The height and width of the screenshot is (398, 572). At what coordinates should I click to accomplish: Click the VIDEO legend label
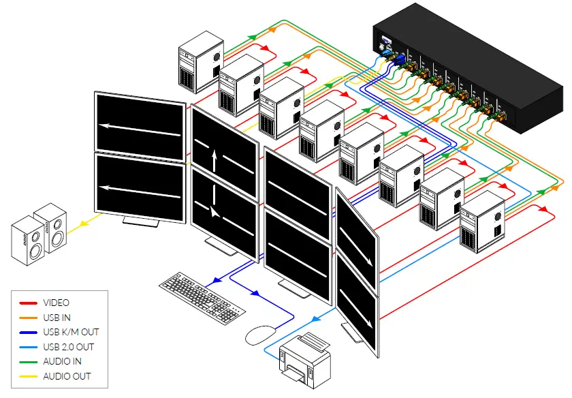(x=56, y=303)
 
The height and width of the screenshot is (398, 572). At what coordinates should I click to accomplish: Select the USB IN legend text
(x=57, y=318)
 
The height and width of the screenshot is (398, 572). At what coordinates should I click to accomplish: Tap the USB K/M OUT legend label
(x=71, y=332)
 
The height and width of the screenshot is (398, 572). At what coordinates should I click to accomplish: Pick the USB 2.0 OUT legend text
(x=69, y=347)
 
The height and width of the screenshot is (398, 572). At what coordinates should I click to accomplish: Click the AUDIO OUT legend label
(x=66, y=376)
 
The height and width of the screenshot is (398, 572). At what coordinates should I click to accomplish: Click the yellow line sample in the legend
(x=28, y=376)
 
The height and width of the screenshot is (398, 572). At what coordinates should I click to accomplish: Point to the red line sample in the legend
(x=28, y=303)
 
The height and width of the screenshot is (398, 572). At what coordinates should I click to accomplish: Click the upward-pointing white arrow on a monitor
(x=215, y=161)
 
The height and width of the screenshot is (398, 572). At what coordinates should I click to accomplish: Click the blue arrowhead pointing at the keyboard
(x=215, y=279)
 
